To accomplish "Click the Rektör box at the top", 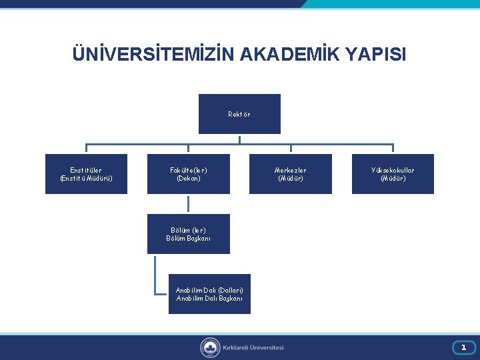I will [x=239, y=114].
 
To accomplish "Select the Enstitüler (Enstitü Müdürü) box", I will [x=86, y=174].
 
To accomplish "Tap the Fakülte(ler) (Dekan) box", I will [x=188, y=174].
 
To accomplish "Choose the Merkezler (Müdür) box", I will [x=290, y=174].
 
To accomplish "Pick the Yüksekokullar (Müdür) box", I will [x=393, y=174].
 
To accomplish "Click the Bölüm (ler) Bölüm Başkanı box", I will [x=188, y=234].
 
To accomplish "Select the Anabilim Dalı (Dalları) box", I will [x=209, y=294].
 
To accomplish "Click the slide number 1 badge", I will [x=463, y=347].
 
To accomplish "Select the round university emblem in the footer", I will [x=210, y=347].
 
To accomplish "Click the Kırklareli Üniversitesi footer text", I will [x=253, y=347].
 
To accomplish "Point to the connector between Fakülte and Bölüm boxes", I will [x=188, y=204].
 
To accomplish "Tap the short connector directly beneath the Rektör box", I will [x=239, y=139].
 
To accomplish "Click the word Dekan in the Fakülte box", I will [x=188, y=179].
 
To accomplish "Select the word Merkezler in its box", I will [x=290, y=170].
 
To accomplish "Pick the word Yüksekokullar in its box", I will [x=393, y=170].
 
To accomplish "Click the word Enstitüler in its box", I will [x=86, y=170].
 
